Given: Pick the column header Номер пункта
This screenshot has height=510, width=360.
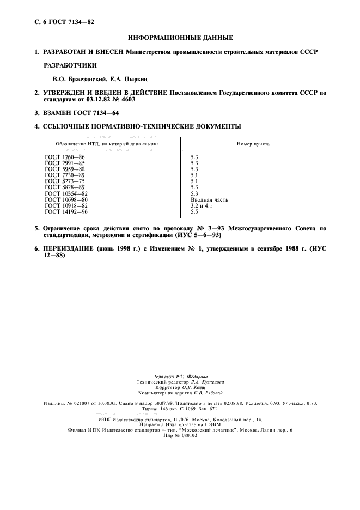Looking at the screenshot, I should (x=253, y=144).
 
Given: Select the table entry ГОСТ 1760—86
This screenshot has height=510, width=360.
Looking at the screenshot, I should (x=65, y=157).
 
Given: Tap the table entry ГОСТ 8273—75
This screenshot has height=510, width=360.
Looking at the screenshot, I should (x=65, y=181).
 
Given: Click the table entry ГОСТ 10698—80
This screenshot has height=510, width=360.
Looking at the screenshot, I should (x=66, y=199).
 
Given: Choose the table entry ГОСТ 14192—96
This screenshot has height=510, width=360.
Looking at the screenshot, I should (x=66, y=211).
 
